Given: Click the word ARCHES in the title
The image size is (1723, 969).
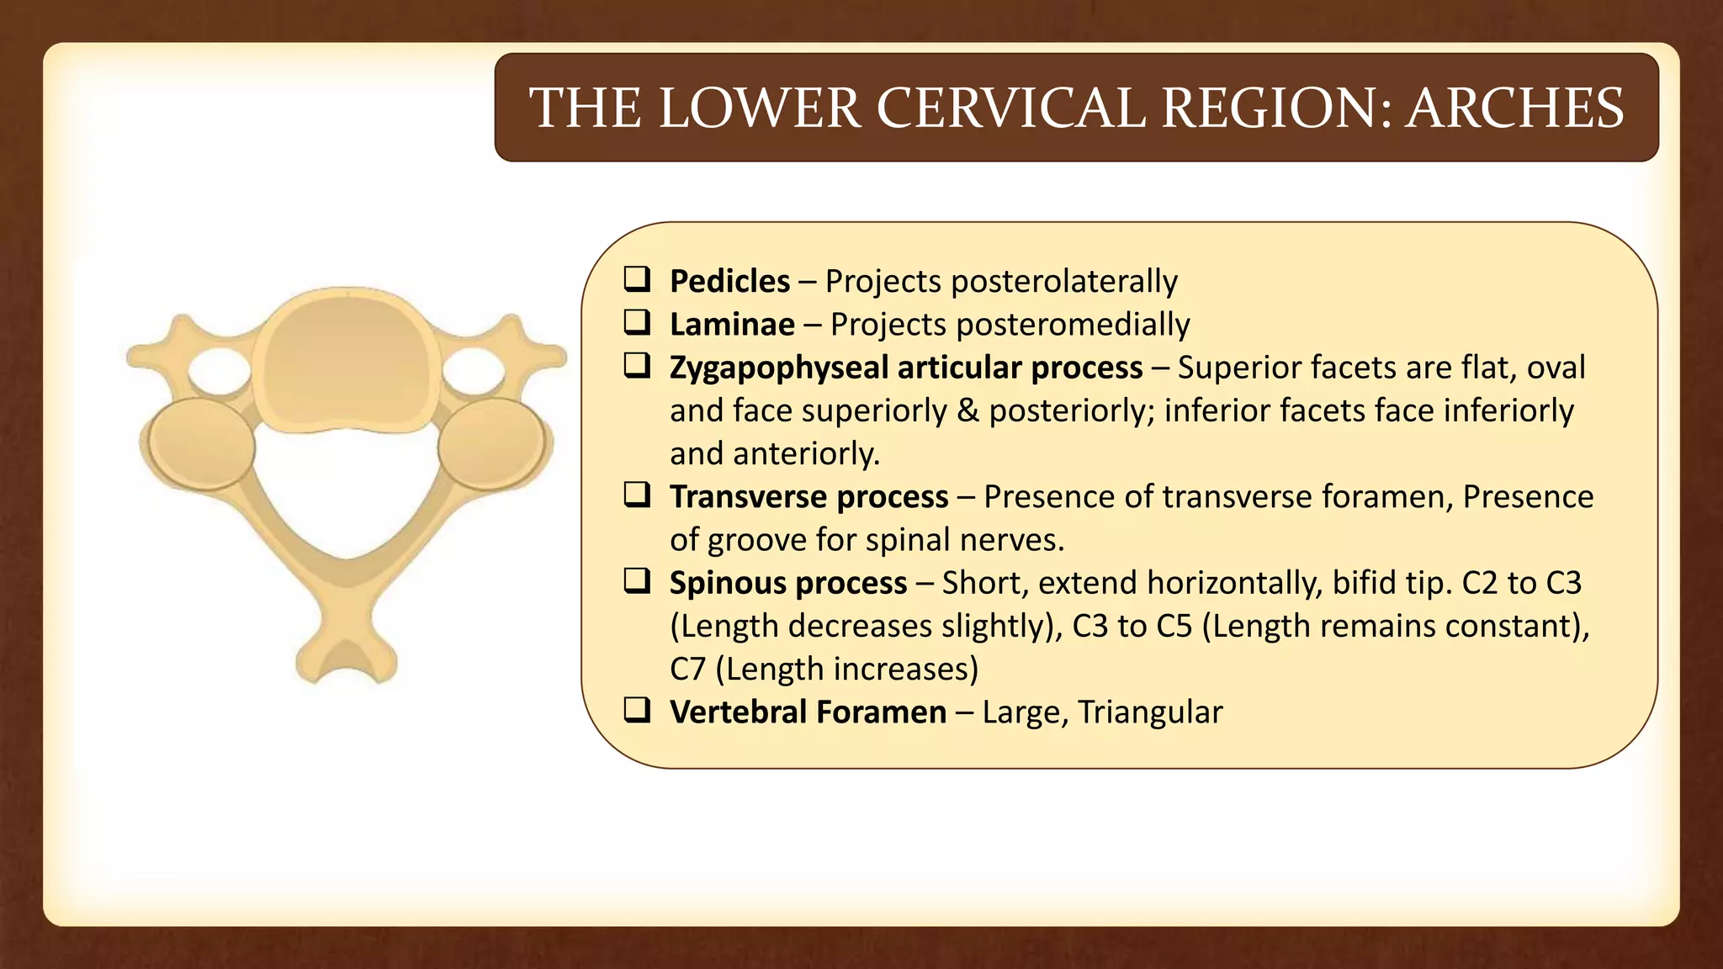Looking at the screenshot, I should click(1514, 109).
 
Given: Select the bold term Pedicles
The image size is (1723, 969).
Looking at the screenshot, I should click(729, 281).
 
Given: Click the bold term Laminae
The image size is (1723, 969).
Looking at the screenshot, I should click(732, 325).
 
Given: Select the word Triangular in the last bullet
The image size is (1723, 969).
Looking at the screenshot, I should click(1149, 712).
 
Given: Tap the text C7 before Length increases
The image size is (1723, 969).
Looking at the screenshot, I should click(687, 670).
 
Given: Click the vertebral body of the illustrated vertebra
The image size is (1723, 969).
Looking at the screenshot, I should click(347, 362).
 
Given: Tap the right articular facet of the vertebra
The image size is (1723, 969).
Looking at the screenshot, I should click(491, 443).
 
